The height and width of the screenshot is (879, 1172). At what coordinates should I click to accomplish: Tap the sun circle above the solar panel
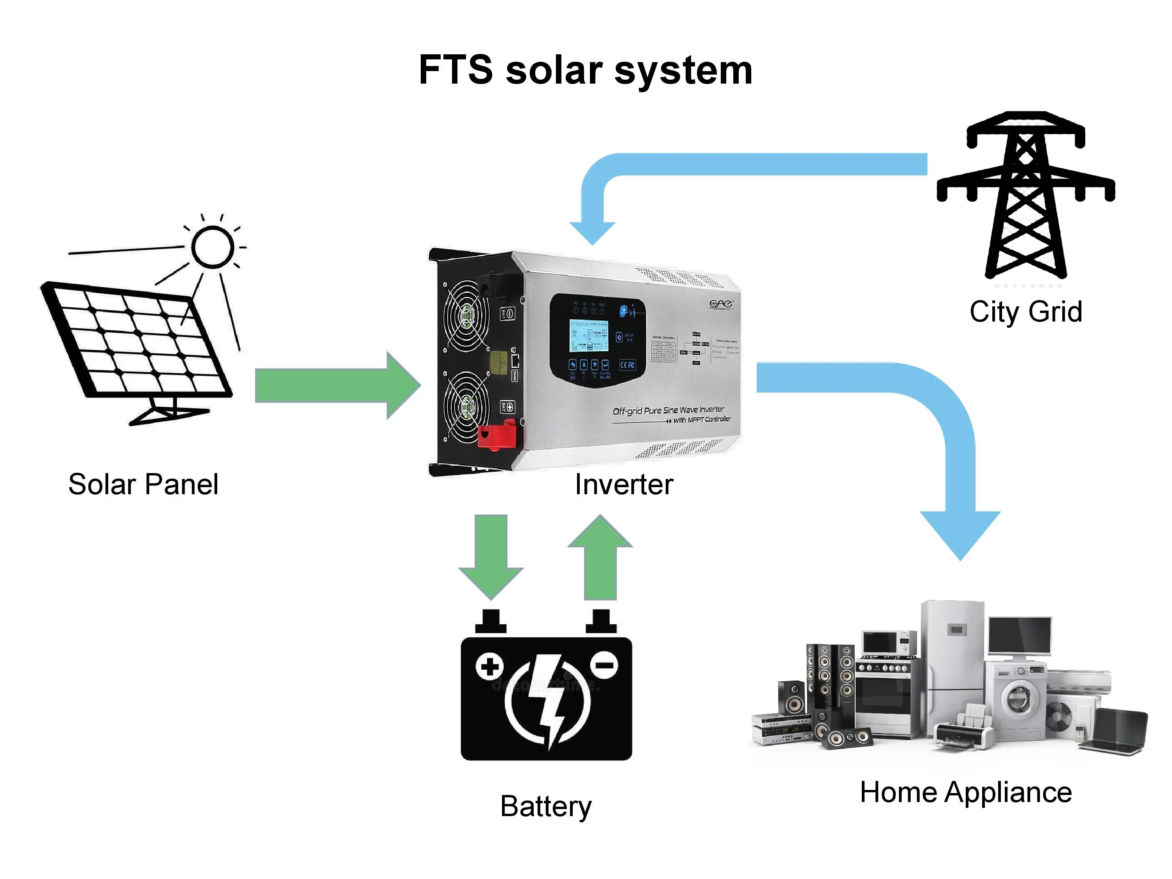click(213, 247)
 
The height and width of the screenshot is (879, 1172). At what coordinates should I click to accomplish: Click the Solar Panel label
click(143, 484)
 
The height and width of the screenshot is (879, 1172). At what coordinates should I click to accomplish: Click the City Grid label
click(1025, 311)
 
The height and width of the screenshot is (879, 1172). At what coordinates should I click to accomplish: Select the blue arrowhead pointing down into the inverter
click(592, 232)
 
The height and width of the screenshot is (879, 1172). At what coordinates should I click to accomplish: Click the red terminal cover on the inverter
click(497, 435)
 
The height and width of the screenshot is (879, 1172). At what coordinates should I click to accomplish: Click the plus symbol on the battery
click(489, 666)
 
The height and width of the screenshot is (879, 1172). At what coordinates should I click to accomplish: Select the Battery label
click(546, 806)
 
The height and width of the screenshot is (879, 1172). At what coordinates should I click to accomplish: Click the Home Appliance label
click(965, 793)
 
